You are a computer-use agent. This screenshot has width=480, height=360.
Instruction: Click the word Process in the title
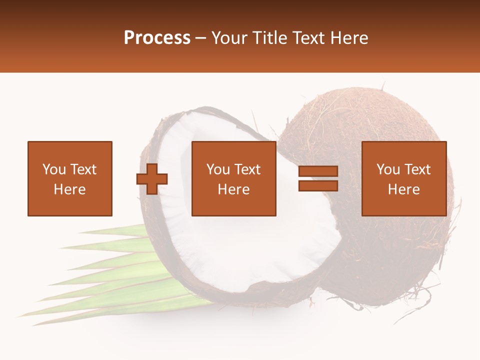[x=157, y=38]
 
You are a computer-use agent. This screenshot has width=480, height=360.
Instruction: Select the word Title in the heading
[x=268, y=38]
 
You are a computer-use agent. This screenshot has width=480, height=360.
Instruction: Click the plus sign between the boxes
[x=152, y=178]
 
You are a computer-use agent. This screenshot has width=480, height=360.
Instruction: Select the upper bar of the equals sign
[x=318, y=171]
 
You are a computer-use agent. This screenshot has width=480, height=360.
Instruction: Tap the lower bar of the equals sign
[x=318, y=185]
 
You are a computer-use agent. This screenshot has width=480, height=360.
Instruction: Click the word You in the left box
[x=54, y=169]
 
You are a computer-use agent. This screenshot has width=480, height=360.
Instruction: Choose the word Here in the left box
[x=69, y=189]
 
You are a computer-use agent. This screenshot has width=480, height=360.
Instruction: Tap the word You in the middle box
[x=218, y=169]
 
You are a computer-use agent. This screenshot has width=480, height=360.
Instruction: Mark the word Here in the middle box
[x=233, y=189]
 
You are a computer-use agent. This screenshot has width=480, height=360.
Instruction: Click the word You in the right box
[x=388, y=169]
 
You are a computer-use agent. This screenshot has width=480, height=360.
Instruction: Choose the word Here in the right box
[x=403, y=189]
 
